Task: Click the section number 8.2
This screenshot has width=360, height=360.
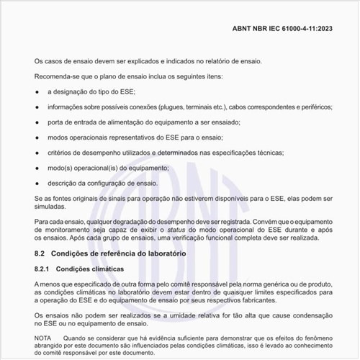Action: [40, 254]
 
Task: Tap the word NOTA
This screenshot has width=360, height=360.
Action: [43, 337]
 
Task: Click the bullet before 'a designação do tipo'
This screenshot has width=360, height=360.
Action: [37, 92]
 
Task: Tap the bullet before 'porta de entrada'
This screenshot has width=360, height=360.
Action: [37, 122]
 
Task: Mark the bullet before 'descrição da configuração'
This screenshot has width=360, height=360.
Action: [37, 183]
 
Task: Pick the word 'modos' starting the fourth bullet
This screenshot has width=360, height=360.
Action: [60, 138]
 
